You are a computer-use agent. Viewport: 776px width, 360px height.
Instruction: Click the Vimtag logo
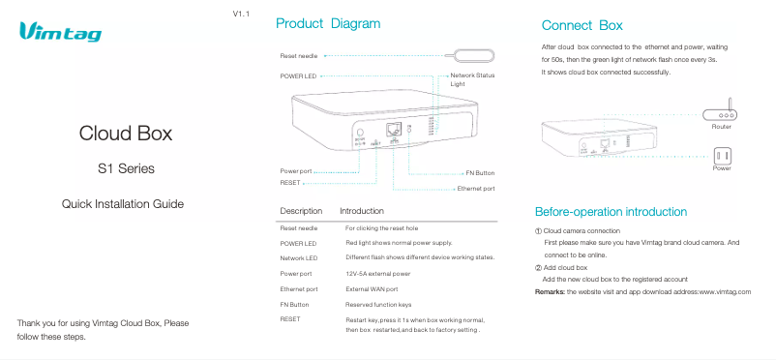[x=60, y=34]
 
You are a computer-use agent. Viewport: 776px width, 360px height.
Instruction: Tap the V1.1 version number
[x=242, y=15]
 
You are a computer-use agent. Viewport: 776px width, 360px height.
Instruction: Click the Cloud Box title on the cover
[x=126, y=133]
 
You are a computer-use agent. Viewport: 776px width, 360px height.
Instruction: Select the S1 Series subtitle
[x=126, y=169]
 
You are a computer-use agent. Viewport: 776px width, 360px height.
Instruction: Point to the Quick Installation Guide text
[x=123, y=204]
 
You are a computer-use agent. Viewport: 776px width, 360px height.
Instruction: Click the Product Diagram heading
[x=328, y=23]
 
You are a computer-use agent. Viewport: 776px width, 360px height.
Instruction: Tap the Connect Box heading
[x=582, y=24]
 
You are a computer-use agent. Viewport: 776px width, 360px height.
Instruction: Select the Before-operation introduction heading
[x=611, y=212]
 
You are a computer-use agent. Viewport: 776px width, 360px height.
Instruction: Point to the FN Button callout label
[x=479, y=172]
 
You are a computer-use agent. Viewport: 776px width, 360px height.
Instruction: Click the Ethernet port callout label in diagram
[x=476, y=188]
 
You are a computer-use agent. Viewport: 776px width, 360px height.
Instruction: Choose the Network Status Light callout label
[x=472, y=79]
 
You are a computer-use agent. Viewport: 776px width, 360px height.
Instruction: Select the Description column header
[x=301, y=210]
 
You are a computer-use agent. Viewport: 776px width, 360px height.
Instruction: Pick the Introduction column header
[x=362, y=210]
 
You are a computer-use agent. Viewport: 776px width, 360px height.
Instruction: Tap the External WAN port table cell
[x=372, y=289]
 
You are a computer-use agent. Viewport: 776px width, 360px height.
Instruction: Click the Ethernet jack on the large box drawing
[x=393, y=129]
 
